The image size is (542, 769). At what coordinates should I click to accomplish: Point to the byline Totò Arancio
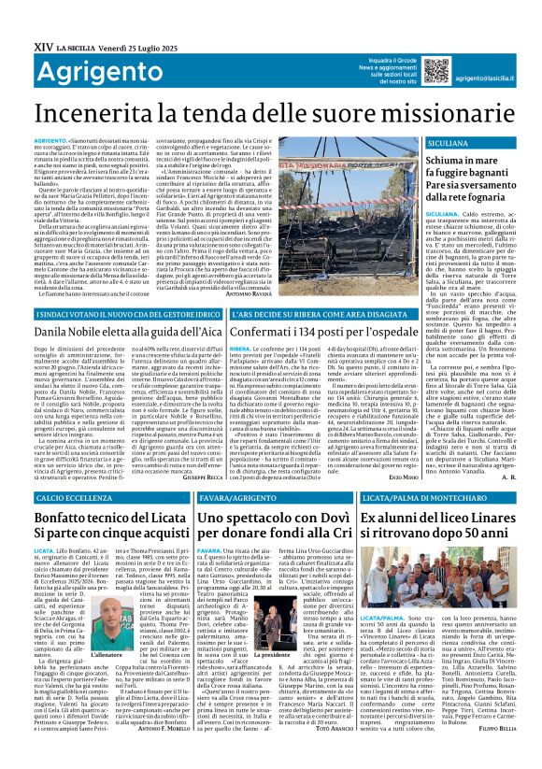click(333, 754)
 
